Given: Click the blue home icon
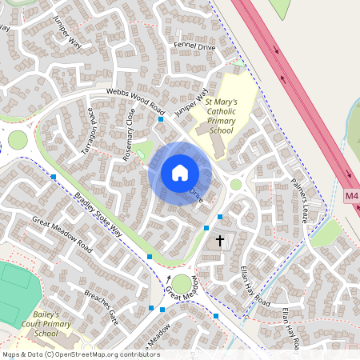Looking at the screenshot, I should tap(179, 173).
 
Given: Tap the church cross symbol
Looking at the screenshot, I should tap(220, 239).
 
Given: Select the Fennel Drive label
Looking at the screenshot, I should tap(194, 47).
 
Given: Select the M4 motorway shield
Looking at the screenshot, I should tap(352, 195).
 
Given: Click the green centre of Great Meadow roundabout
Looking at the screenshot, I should tap(182, 283).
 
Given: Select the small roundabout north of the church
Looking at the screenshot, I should tap(235, 184).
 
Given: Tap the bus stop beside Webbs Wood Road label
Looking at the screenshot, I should tap(161, 118).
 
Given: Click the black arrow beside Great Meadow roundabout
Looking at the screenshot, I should tap(169, 279).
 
